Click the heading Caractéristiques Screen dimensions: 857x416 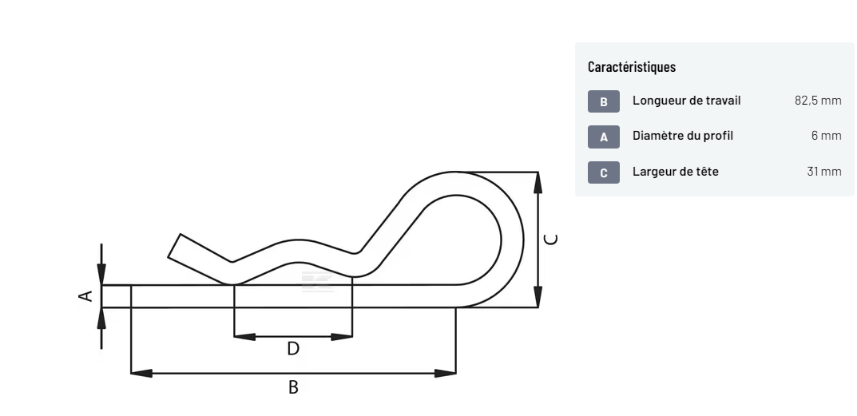point(631,67)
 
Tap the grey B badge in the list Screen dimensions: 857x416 point(603,101)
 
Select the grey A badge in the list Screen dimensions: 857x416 point(603,137)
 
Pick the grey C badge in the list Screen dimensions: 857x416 point(603,172)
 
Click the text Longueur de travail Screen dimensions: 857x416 point(686,101)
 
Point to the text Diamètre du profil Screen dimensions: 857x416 point(683,136)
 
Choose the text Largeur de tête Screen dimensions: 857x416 point(676,171)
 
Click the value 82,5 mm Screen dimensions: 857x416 point(818,101)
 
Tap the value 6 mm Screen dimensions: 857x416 point(827,136)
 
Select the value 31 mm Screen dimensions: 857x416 point(824,171)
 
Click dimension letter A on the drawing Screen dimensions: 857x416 point(85,296)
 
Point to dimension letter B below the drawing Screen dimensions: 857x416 point(293,387)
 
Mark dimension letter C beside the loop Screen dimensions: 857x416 point(552,240)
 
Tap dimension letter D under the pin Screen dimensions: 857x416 point(293,349)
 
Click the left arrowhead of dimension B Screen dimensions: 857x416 point(141,374)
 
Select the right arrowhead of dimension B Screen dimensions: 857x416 point(445,374)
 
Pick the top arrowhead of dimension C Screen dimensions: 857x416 point(538,183)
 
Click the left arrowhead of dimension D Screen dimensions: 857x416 point(244,337)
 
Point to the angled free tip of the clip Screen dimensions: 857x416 point(174,245)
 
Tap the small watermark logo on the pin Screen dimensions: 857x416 point(317,282)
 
